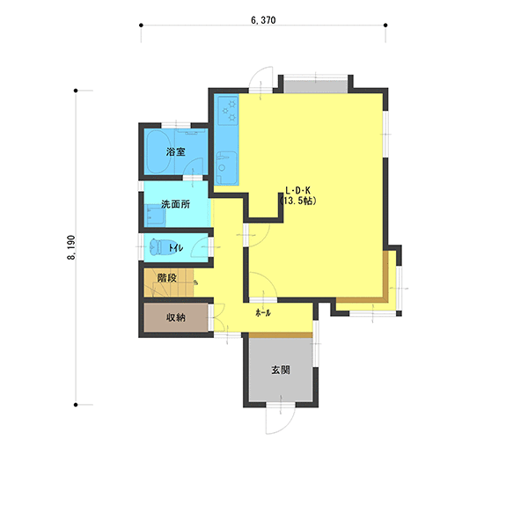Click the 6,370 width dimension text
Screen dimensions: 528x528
(x=263, y=20)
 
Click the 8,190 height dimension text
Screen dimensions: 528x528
(x=71, y=247)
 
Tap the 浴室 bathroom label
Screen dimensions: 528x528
(x=175, y=151)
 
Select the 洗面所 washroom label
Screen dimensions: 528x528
(x=175, y=204)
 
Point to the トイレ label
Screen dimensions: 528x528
(x=176, y=248)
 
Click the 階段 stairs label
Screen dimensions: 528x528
(x=167, y=278)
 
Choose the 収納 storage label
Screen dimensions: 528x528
(x=176, y=317)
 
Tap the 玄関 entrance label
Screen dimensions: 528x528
(x=281, y=370)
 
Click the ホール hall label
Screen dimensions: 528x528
(x=263, y=313)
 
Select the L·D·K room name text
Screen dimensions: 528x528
(x=298, y=191)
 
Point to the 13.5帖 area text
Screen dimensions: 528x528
(x=298, y=201)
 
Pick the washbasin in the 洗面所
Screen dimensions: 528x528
(x=155, y=216)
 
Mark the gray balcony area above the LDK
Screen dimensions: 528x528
(x=316, y=86)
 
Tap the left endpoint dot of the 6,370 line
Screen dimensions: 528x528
(x=141, y=26)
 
